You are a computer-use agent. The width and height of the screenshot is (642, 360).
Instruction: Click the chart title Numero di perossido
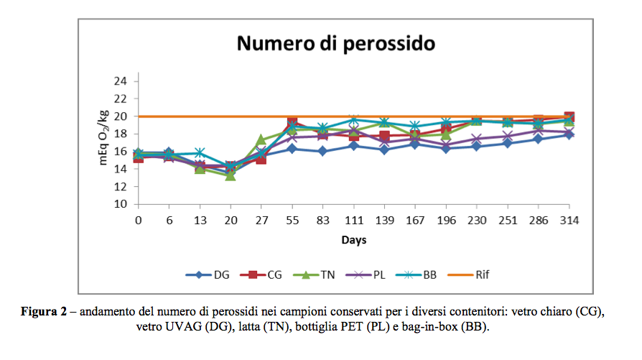pos(336,44)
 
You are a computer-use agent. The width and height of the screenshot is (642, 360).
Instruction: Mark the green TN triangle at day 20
pos(231,175)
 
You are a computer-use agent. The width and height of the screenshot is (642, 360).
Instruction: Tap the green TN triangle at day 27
pos(261,140)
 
